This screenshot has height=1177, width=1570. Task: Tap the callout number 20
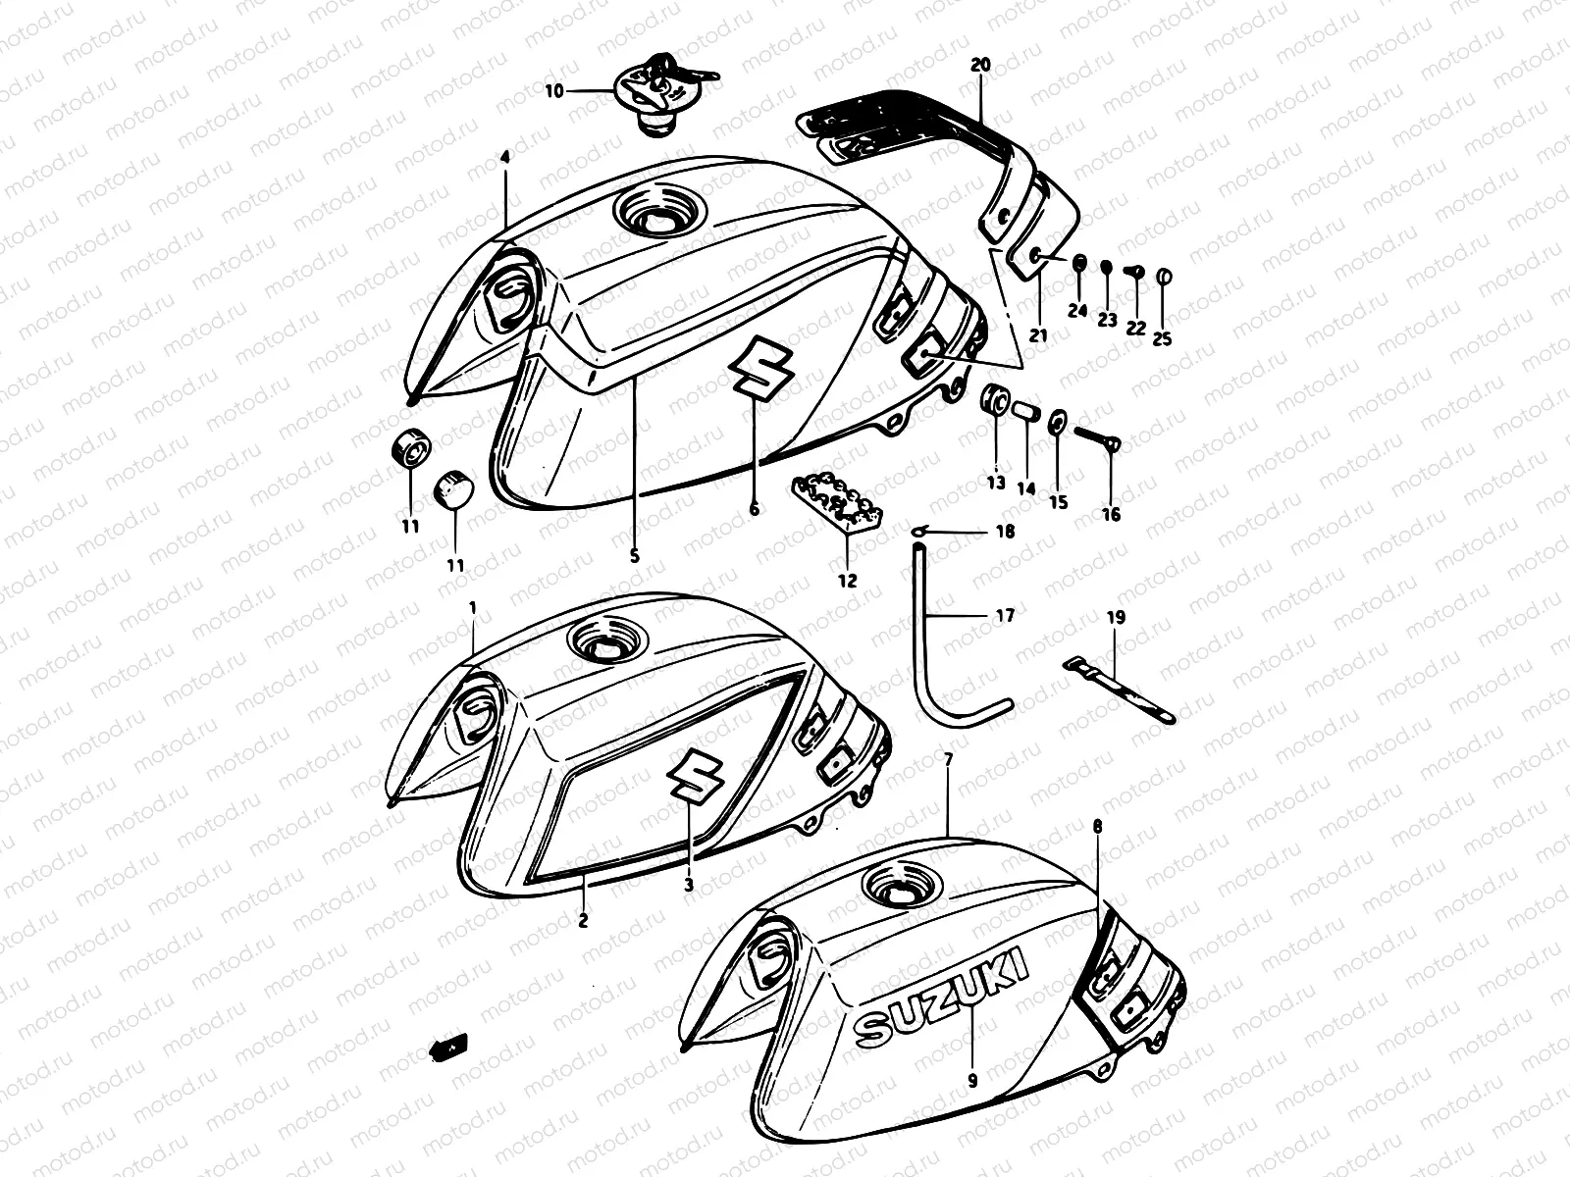(980, 65)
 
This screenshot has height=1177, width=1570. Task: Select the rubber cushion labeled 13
(996, 402)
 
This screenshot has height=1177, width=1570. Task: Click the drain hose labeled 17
(927, 647)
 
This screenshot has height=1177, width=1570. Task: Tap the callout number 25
(1163, 339)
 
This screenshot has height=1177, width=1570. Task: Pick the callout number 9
(972, 1080)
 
